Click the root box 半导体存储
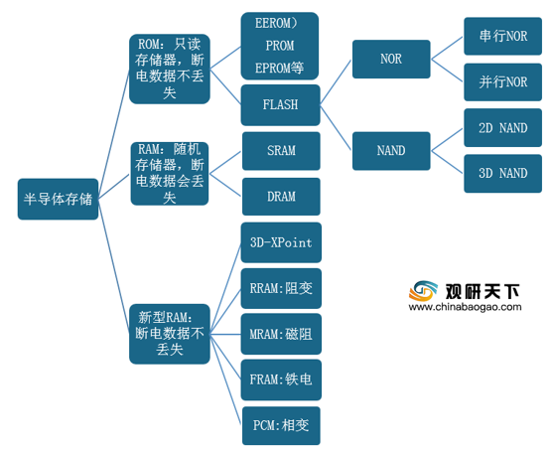tap(58, 199)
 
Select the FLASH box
tap(280, 105)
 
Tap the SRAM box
tap(281, 151)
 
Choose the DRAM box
tap(281, 197)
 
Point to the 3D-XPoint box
tap(281, 242)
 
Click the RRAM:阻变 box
tap(281, 288)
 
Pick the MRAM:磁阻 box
tap(281, 334)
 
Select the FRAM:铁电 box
tap(281, 379)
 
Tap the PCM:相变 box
tap(281, 425)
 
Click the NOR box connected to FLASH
tap(391, 59)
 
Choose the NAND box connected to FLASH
tap(391, 151)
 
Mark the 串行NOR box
tap(503, 36)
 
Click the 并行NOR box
tap(503, 82)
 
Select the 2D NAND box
tap(503, 128)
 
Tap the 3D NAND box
tap(503, 174)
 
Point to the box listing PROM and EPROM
tap(280, 46)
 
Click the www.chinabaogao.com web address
tap(465, 307)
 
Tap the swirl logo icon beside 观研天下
tap(423, 291)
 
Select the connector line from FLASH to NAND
tap(336, 128)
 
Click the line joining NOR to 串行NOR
tap(447, 48)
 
